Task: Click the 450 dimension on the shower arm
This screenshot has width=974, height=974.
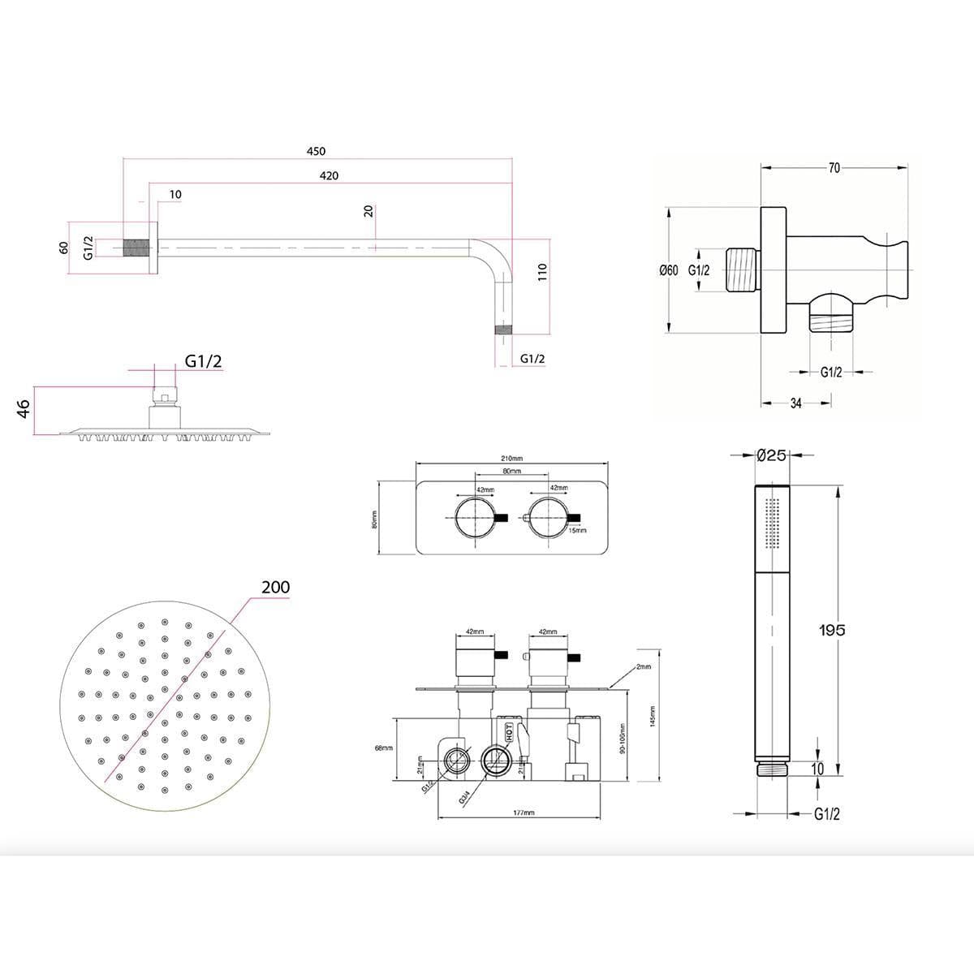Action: (316, 152)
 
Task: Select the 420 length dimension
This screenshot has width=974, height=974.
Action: (329, 175)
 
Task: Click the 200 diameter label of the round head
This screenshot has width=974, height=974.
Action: (276, 587)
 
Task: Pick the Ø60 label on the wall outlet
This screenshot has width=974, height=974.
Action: (668, 270)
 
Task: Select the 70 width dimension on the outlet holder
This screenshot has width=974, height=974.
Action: (834, 168)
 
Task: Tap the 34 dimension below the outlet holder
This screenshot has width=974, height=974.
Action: (795, 403)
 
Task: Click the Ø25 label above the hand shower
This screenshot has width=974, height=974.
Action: (770, 455)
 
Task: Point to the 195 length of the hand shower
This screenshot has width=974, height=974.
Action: (832, 630)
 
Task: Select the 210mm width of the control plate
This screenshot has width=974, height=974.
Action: (512, 459)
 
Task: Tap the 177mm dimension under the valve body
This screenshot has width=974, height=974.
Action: (524, 812)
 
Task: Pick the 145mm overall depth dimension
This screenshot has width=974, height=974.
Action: (652, 717)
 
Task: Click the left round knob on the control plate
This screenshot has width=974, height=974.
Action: (475, 518)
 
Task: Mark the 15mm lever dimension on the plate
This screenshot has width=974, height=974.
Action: (577, 530)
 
